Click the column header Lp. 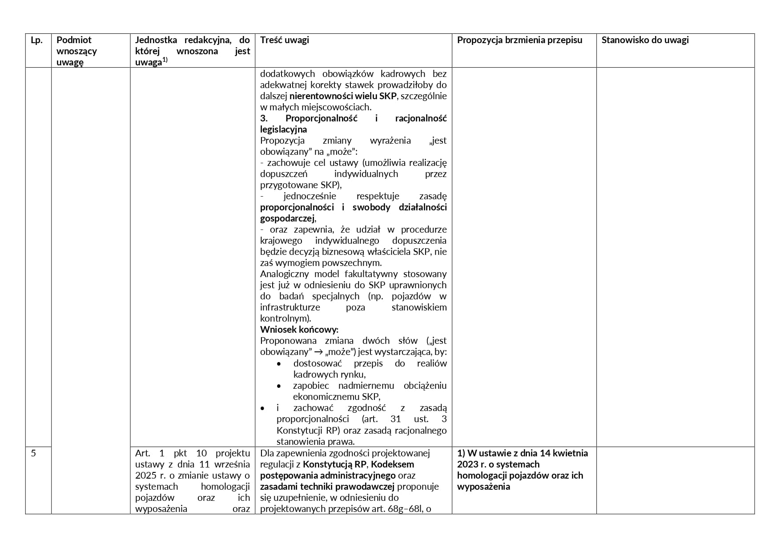point(36,40)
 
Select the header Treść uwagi point(285,40)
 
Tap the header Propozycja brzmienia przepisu point(519,40)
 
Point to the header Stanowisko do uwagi point(645,40)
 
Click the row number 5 point(34,453)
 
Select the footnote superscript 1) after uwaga point(165,60)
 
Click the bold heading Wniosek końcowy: point(299,330)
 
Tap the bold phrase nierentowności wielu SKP point(342,96)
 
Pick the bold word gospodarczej point(288,218)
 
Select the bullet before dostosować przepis point(279,363)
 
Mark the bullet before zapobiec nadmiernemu point(279,386)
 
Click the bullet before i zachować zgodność point(262,408)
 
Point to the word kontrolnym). point(285,318)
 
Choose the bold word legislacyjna point(283,129)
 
